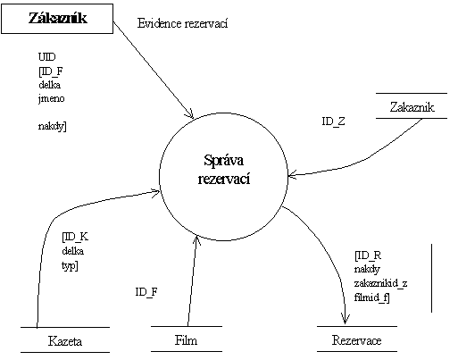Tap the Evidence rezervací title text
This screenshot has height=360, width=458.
pyautogui.click(x=182, y=23)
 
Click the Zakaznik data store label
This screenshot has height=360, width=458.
pyautogui.click(x=412, y=107)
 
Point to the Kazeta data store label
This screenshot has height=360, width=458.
pyautogui.click(x=65, y=341)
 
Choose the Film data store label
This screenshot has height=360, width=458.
pyautogui.click(x=186, y=340)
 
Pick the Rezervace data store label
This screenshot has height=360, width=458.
pyautogui.click(x=356, y=340)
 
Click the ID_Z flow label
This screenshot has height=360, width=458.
pyautogui.click(x=333, y=121)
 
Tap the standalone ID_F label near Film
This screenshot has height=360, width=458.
pyautogui.click(x=146, y=292)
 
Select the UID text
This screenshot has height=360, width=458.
pyautogui.click(x=46, y=56)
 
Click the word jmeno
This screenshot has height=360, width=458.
pyautogui.click(x=51, y=98)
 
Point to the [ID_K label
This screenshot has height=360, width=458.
pyautogui.click(x=75, y=237)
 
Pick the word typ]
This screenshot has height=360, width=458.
pyautogui.click(x=70, y=265)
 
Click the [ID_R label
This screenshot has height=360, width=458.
pyautogui.click(x=368, y=255)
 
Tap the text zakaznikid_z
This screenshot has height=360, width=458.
pyautogui.click(x=380, y=283)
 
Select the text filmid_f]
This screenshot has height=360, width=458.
pyautogui.click(x=371, y=297)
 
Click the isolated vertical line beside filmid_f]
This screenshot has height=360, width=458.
pyautogui.click(x=431, y=278)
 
